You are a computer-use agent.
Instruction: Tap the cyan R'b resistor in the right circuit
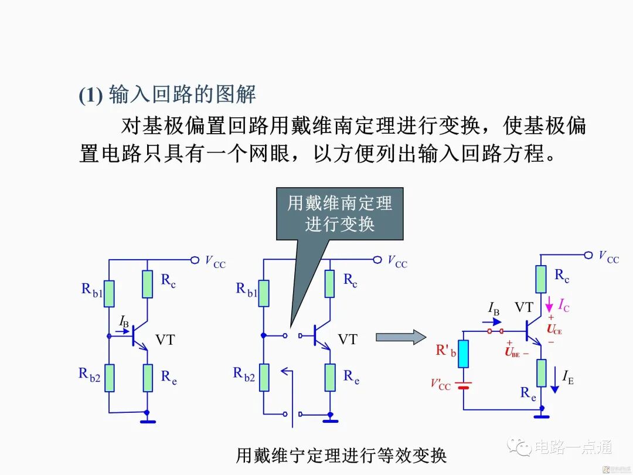click(x=464, y=354)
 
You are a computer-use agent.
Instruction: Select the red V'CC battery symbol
click(x=464, y=386)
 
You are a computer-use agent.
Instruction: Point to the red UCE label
click(x=554, y=330)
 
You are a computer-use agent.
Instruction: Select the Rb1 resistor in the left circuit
click(x=109, y=294)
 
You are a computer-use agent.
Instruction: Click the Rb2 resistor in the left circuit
click(x=109, y=377)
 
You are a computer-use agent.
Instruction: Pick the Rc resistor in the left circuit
click(x=148, y=284)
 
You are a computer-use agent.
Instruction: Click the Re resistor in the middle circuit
click(x=330, y=377)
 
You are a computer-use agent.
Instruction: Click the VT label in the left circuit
click(x=165, y=340)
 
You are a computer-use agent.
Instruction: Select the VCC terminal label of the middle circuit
click(x=397, y=262)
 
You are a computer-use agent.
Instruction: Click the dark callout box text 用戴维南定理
click(x=340, y=203)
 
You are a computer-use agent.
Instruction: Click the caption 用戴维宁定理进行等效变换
click(x=341, y=455)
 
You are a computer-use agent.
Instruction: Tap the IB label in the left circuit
click(x=124, y=321)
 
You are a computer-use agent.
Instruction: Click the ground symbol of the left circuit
click(x=148, y=420)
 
